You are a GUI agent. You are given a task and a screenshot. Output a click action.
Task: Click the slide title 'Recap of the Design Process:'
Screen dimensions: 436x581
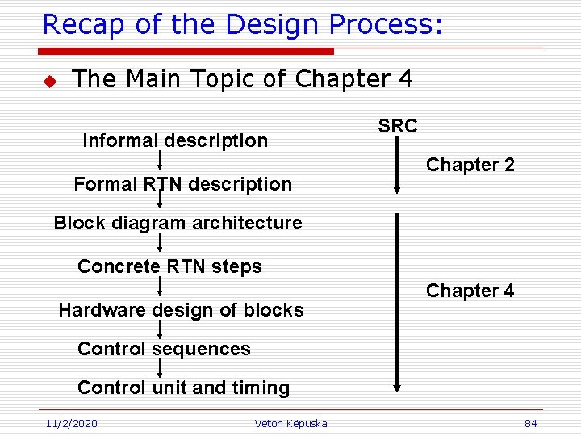point(242,24)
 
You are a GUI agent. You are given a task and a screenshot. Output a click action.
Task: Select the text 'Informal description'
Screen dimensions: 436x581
point(175,140)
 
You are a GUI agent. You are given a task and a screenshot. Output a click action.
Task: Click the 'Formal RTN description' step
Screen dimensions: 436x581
point(182,184)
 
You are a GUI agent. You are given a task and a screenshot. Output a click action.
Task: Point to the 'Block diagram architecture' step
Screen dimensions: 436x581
point(178,223)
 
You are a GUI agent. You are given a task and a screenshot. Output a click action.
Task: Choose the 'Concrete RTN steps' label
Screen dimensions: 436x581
point(169,266)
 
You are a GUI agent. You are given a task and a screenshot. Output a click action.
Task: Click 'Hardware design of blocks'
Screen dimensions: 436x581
point(181,310)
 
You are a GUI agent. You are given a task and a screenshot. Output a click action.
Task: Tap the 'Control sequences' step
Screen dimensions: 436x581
point(164,349)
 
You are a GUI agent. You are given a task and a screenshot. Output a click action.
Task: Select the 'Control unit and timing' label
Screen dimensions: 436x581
point(183,388)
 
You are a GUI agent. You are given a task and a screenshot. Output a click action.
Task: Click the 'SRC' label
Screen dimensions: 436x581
point(397,126)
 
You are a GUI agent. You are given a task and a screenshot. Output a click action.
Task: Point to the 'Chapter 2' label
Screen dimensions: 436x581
point(470,166)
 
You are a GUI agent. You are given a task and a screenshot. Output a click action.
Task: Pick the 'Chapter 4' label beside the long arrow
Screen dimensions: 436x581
point(470,291)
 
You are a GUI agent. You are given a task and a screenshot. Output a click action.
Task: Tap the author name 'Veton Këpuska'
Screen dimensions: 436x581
point(290,423)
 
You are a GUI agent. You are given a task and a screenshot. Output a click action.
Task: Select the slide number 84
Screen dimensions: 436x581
point(530,423)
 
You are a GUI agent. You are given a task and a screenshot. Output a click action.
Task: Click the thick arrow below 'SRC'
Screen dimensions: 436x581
point(397,166)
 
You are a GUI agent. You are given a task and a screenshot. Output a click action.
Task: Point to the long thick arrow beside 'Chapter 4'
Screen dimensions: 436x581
point(397,303)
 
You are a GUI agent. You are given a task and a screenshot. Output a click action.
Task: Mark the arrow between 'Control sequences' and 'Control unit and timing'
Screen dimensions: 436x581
point(160,368)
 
